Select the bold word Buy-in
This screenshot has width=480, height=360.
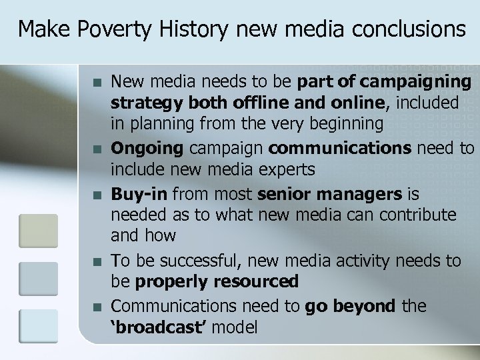[x=139, y=193]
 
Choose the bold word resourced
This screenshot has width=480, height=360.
[x=258, y=282]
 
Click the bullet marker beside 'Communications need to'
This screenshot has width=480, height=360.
[x=97, y=307]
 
